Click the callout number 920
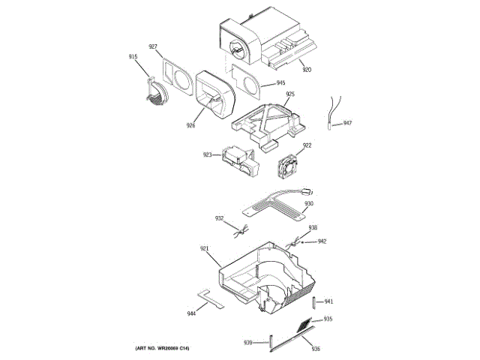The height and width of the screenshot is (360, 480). pos(307,70)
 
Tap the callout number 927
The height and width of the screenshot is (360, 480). pos(152,47)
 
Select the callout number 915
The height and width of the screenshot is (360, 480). pos(133,57)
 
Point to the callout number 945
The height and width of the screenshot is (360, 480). pos(280,83)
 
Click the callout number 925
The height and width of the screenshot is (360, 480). pos(290,94)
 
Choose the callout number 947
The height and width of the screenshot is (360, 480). pos(347,122)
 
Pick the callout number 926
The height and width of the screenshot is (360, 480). pos(190,126)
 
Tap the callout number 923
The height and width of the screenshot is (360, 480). pos(207,155)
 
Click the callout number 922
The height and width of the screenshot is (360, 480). pos(307,145)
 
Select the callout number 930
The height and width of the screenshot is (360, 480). pos(308,203)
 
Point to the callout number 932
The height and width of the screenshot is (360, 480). pos(220,218)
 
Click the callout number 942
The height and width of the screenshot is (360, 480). pos(322,241)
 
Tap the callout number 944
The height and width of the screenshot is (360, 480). pos(191,313)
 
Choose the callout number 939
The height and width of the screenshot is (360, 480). pos(248,343)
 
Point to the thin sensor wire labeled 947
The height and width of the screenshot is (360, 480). pos(331,110)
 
